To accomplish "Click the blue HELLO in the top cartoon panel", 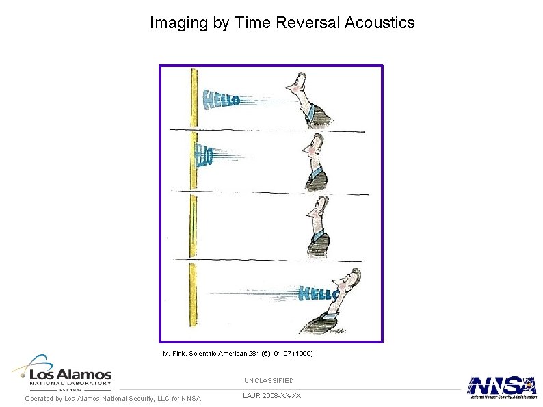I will point(222,101).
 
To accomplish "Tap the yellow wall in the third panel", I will point(194,226).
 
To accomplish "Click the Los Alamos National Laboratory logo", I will point(62,375).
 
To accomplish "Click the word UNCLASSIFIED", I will point(269,380).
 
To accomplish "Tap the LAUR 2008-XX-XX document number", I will point(271,395).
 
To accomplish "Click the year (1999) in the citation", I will point(300,354).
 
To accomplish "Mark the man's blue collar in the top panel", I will point(312,110).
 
